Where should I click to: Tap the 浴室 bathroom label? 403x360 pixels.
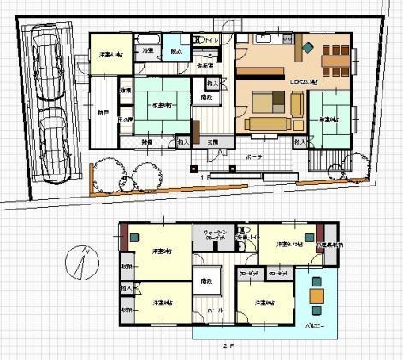(148, 51)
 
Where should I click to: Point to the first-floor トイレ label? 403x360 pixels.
(211, 39)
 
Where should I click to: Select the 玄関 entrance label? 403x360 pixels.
(211, 141)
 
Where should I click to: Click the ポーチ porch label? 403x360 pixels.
(253, 157)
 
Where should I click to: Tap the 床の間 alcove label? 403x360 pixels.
(125, 119)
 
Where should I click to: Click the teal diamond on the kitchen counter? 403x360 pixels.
(307, 48)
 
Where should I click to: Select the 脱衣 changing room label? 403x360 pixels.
(175, 51)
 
